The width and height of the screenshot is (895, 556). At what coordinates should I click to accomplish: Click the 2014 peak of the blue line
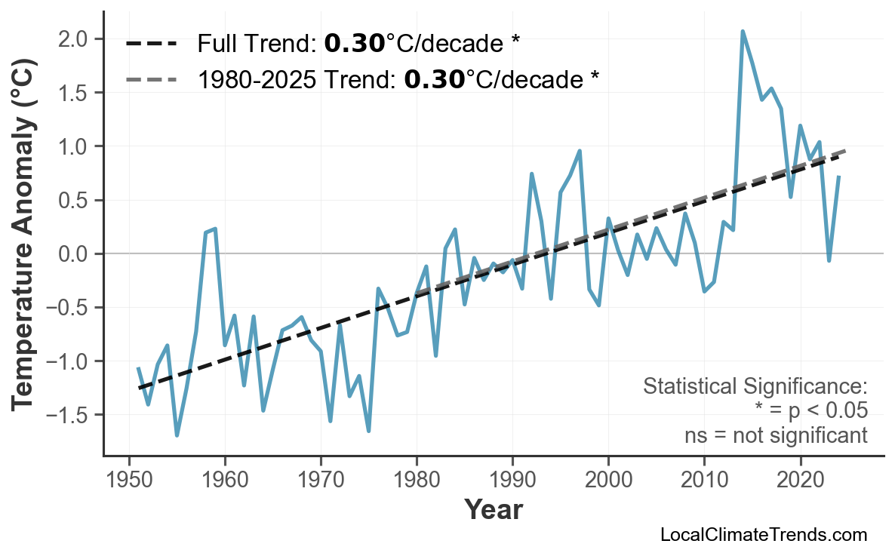(x=743, y=32)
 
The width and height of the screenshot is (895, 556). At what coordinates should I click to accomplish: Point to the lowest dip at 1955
(x=177, y=435)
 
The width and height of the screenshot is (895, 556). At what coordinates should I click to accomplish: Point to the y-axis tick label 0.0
(x=77, y=254)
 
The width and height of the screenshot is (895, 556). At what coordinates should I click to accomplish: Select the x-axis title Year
(x=493, y=510)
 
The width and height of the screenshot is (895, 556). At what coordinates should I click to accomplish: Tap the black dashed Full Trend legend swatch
(x=151, y=44)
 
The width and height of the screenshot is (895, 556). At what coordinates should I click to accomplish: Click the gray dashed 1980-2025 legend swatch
(x=151, y=78)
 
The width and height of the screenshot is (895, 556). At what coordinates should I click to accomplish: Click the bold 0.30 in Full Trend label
(x=354, y=44)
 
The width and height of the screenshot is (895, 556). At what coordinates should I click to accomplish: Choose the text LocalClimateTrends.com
(x=763, y=535)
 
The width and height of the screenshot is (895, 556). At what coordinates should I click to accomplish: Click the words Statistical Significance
(x=755, y=386)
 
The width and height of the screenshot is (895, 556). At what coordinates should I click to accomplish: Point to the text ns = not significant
(x=776, y=435)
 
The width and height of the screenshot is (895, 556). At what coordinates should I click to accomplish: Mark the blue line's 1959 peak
(x=215, y=229)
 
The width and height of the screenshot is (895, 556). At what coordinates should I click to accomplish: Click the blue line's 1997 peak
(x=580, y=151)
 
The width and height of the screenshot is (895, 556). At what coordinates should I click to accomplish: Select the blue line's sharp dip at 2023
(x=829, y=260)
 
